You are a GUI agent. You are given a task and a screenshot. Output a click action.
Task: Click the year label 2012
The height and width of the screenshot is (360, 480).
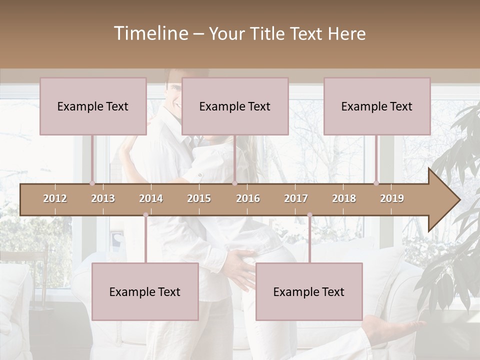pos(55,198)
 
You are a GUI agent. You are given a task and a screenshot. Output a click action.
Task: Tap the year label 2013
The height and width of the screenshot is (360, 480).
pos(103,198)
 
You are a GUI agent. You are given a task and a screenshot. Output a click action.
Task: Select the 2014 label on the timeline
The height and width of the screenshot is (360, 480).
pos(151,198)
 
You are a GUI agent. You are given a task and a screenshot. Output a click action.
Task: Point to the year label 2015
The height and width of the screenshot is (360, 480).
pos(199,198)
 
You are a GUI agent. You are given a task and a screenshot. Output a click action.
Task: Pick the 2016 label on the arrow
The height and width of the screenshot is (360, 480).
pos(248,198)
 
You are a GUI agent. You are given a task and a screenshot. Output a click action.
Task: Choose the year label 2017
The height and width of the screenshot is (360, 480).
pos(296,198)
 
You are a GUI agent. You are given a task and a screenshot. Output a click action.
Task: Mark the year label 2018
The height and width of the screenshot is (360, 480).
pos(344,198)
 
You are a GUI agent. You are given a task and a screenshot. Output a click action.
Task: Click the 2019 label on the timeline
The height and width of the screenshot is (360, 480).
pos(392,198)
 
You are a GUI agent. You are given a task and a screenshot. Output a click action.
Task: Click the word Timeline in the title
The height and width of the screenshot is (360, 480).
pos(150,33)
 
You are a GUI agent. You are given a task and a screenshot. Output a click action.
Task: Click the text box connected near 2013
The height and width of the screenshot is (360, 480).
pos(93,106)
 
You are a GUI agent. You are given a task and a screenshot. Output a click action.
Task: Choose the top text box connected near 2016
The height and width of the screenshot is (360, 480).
pos(235,106)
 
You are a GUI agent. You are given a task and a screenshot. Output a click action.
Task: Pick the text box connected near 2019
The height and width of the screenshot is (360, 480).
pos(377,106)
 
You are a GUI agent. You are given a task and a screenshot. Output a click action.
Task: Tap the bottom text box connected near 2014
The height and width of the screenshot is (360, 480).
pos(145,291)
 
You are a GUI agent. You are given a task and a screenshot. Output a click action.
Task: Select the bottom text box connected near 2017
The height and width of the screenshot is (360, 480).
pos(309,291)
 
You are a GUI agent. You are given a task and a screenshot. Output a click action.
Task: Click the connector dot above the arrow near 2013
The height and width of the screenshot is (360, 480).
pos(92,183)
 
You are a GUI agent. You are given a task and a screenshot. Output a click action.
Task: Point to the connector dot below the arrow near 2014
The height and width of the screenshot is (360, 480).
pos(145,215)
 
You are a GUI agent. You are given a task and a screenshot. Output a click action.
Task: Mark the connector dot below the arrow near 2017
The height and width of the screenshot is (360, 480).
pos(309,215)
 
